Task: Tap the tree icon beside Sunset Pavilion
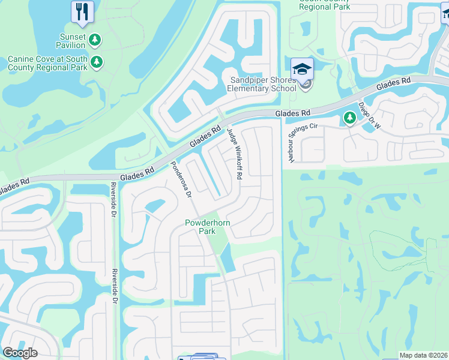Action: coord(94,40)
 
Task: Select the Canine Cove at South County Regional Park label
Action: coord(47,63)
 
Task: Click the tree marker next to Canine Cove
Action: coord(97,61)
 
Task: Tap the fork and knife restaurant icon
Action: coord(82,11)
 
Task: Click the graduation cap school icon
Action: coord(303,68)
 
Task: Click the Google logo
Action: coord(20,353)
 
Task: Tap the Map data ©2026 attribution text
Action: coord(423,355)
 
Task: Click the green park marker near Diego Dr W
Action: coord(349,118)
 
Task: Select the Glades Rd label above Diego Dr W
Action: coord(393,84)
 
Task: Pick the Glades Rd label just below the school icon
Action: coord(293,113)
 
